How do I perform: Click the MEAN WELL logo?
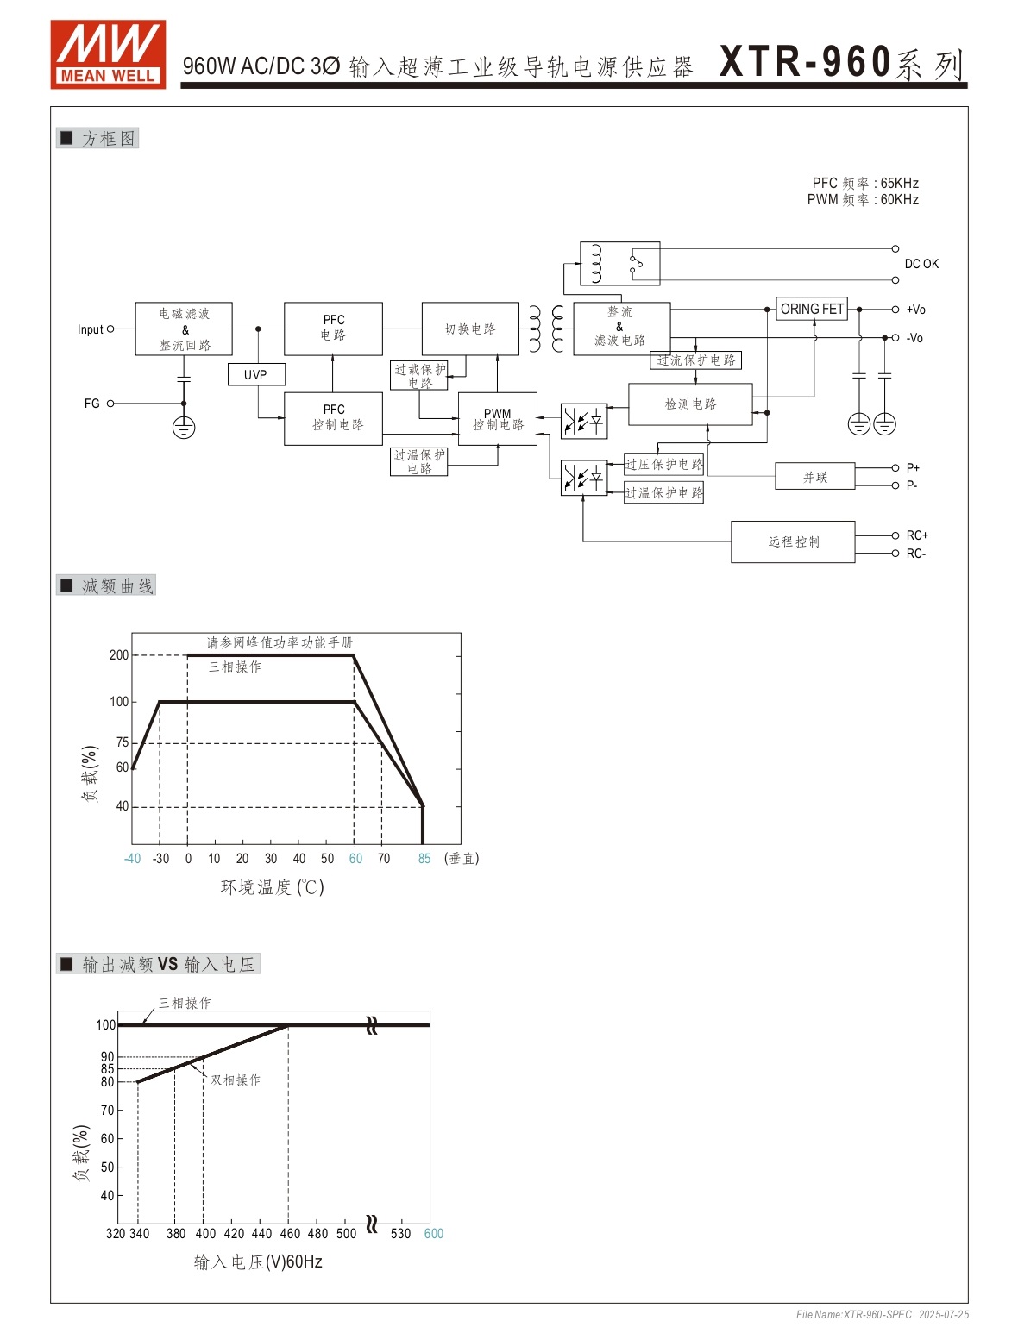click(x=108, y=54)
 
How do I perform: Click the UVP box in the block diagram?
click(x=256, y=374)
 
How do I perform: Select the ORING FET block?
click(x=812, y=309)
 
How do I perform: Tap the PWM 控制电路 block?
click(x=498, y=419)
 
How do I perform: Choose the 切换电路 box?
click(x=470, y=329)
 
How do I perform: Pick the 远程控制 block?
click(x=793, y=541)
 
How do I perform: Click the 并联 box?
click(x=814, y=476)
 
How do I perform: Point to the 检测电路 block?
click(x=690, y=404)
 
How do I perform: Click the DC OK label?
click(x=921, y=264)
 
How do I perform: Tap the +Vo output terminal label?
click(x=915, y=310)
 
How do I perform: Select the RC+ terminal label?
click(x=916, y=535)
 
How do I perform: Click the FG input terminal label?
click(x=91, y=404)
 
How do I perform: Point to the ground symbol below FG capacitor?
click(x=183, y=428)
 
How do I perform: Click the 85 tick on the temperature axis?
click(x=424, y=859)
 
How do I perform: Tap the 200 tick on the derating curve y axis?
click(x=118, y=655)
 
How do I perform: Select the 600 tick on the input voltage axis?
click(x=433, y=1234)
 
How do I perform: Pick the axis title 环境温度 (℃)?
click(x=272, y=886)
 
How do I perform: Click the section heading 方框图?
click(x=108, y=139)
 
